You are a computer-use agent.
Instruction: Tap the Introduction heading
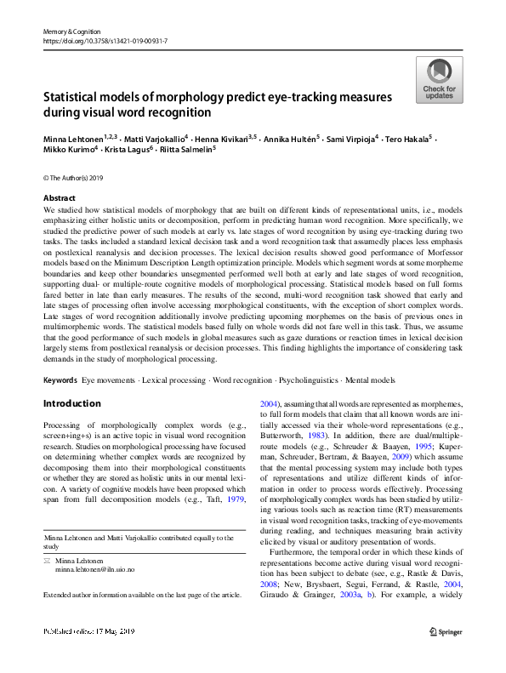point(71,402)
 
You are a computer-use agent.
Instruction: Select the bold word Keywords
point(60,378)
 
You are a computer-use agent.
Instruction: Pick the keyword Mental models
point(355,378)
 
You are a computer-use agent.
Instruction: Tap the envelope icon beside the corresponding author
point(47,561)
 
